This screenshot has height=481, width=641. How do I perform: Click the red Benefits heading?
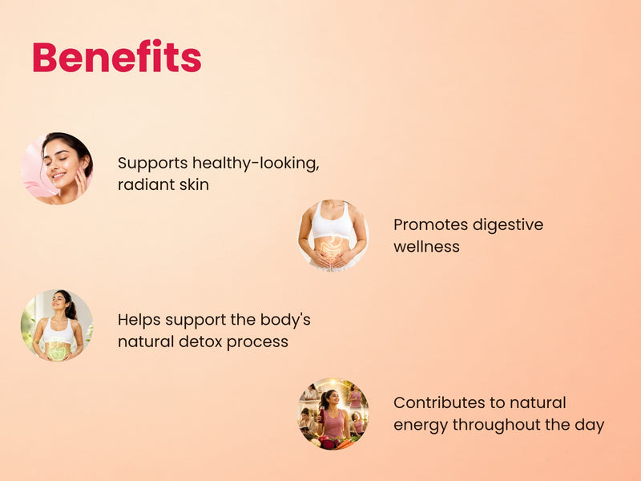coord(117,56)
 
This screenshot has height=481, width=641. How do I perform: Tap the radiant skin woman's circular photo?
coord(57,168)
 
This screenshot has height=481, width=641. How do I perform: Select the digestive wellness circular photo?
coord(333,236)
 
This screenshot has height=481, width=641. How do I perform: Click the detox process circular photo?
coord(57,325)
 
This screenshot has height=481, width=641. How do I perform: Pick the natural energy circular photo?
coord(333,414)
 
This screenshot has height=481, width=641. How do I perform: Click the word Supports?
coord(152,164)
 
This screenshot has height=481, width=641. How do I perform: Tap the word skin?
coord(194,184)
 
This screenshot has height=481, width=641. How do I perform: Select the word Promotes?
coord(430,225)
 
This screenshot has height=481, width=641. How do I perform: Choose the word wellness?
coord(426,247)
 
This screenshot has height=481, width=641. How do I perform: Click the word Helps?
coord(139,320)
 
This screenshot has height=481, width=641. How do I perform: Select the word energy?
coord(421,426)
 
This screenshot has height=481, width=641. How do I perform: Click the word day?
coord(590,426)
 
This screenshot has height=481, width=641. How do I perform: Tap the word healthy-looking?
coord(256,164)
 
